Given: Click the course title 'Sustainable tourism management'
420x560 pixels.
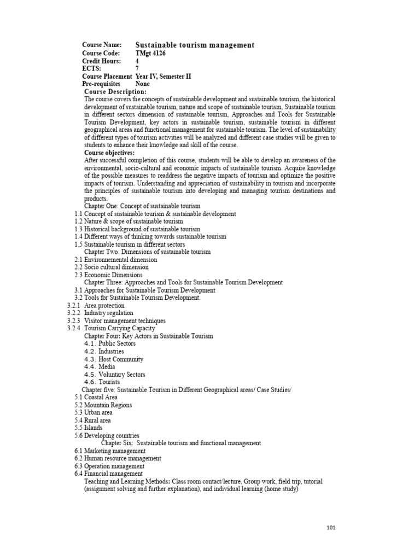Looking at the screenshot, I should [195, 45].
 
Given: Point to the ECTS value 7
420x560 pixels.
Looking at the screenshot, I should [137, 69].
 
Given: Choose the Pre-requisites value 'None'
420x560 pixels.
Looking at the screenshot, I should [143, 84].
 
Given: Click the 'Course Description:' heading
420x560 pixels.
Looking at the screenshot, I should [115, 92].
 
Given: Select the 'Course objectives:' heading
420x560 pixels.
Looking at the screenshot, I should [109, 153].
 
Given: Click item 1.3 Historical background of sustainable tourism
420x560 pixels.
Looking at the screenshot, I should [137, 229].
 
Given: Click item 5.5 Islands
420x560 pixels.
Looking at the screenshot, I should [90, 428].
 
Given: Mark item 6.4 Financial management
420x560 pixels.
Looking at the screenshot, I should [109, 474].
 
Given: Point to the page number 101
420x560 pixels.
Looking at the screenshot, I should [330, 528].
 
